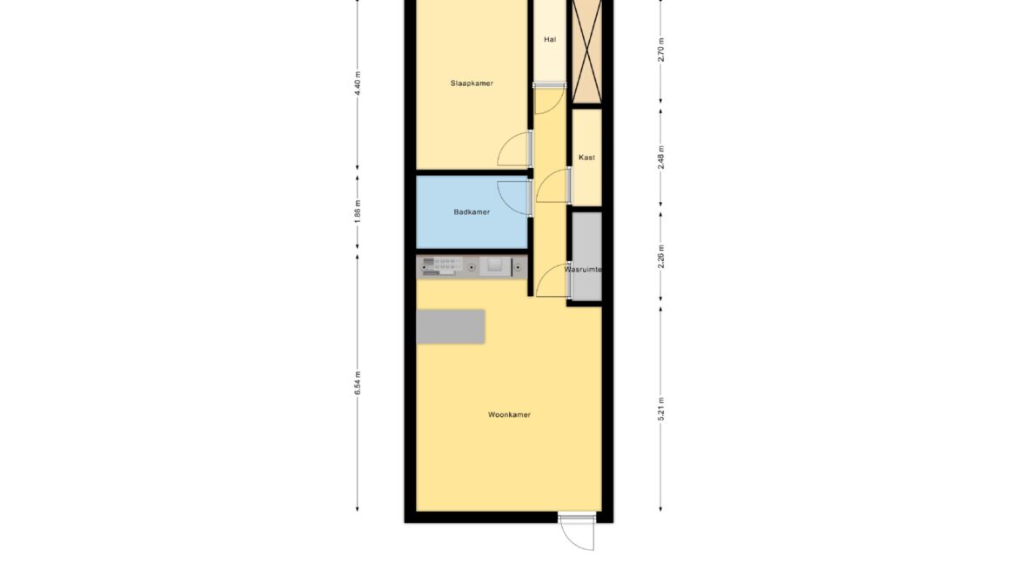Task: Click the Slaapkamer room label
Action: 472,84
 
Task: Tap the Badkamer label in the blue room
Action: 472,211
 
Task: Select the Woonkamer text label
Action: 510,414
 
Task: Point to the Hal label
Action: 550,40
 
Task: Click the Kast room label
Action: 587,158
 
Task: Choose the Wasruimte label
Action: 583,269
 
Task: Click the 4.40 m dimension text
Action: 358,84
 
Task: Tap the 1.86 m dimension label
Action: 358,211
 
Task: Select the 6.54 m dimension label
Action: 358,383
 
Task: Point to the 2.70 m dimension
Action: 661,50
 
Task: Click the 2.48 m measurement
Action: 661,158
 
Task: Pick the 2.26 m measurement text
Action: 661,257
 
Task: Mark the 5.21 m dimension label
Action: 661,409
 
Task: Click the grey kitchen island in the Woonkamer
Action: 452,327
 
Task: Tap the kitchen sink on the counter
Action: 495,265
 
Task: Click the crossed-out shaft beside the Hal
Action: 587,50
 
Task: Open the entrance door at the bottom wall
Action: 577,533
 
